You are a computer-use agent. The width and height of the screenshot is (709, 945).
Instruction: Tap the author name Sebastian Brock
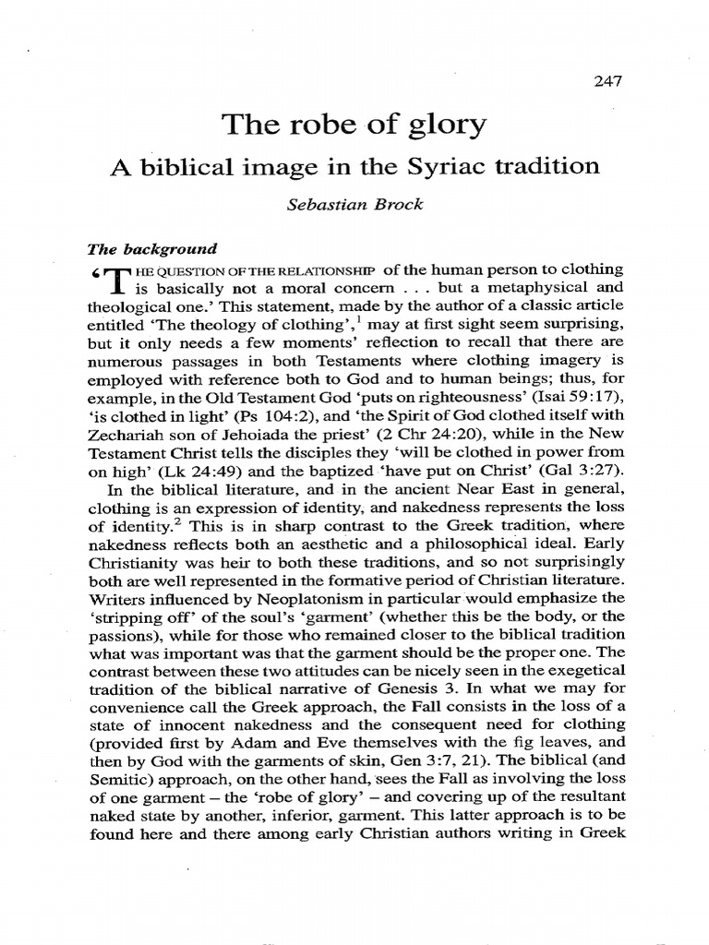click(354, 204)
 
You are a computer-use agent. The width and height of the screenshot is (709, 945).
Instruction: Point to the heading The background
click(151, 248)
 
